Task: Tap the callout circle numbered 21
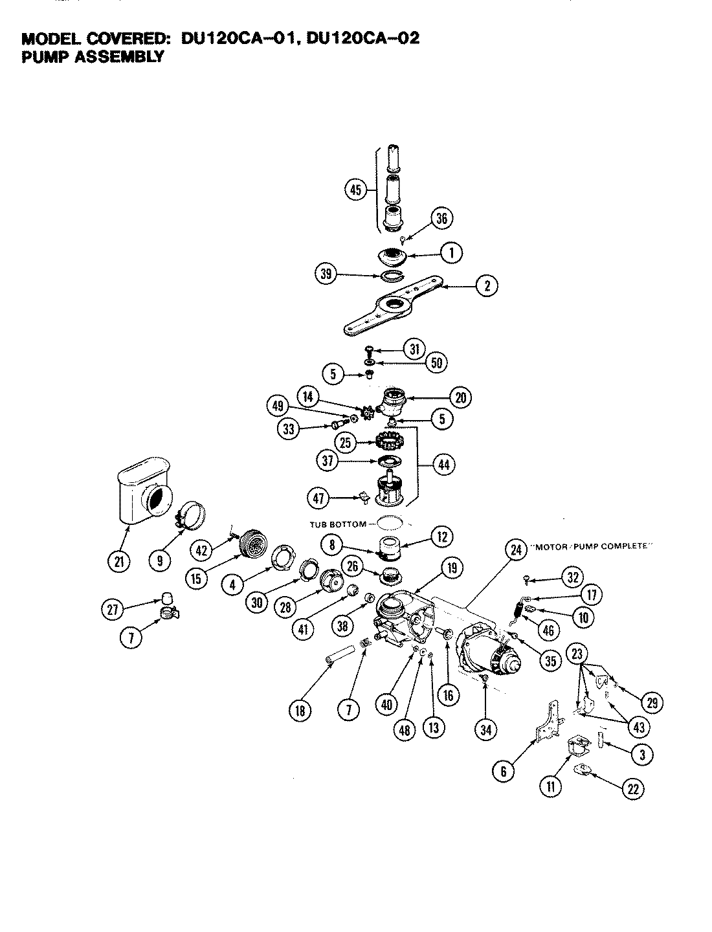(x=118, y=561)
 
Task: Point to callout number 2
(x=486, y=285)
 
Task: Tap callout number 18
(x=300, y=710)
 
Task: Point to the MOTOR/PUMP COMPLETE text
(x=590, y=546)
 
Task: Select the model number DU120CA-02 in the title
(x=363, y=38)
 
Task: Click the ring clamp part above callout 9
(x=191, y=516)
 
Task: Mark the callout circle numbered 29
(x=652, y=702)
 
